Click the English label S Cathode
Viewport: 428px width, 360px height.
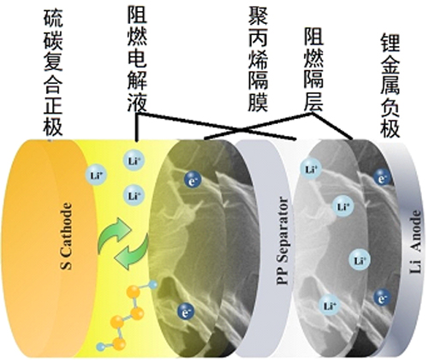[66, 236]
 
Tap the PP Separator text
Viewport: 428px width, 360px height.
[283, 240]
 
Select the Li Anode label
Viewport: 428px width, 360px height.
[415, 242]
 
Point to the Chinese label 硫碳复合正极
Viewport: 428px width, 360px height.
[53, 73]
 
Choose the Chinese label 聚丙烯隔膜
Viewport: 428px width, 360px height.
[258, 59]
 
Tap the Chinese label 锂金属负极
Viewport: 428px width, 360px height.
[389, 86]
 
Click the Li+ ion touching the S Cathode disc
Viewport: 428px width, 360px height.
[97, 175]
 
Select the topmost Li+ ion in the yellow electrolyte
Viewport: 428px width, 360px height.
[134, 161]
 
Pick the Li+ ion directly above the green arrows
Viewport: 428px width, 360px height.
[134, 196]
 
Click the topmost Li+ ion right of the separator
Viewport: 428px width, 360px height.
[311, 169]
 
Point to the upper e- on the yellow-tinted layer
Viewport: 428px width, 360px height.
[193, 180]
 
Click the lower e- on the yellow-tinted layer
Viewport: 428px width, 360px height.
[186, 310]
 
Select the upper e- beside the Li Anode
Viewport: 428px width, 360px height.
[383, 177]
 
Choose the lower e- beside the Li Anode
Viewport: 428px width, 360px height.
[382, 297]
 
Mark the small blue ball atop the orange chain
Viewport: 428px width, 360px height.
[153, 285]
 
